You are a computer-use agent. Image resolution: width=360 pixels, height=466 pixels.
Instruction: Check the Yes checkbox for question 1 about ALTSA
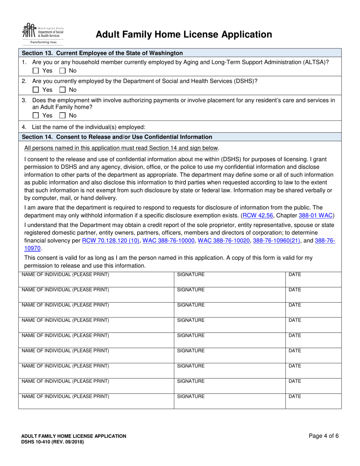point(36,70)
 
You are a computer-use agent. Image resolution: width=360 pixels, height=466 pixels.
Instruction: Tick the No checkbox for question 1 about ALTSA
point(63,70)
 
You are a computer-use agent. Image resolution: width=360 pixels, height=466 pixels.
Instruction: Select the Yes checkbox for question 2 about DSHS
point(36,90)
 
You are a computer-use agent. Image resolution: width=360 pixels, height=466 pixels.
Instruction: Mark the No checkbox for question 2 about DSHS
point(63,90)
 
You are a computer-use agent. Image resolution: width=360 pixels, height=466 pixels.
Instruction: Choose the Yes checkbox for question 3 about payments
point(36,115)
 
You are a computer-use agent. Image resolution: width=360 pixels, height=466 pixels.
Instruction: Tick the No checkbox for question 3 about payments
point(63,115)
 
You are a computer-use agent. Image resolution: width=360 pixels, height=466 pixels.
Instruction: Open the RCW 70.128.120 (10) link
point(111,241)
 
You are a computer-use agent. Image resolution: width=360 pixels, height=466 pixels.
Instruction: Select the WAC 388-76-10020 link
point(224,241)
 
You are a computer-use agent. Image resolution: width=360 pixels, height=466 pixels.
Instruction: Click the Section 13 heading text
point(102,53)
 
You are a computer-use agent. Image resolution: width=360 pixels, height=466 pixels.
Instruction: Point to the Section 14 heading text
point(117,137)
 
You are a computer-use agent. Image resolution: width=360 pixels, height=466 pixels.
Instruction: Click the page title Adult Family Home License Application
point(184,35)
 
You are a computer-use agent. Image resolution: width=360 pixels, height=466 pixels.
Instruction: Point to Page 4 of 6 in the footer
point(324,436)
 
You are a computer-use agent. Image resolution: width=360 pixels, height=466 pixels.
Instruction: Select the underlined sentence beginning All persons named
point(121,148)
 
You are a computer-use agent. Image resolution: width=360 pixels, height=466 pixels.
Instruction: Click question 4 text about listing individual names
point(89,127)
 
